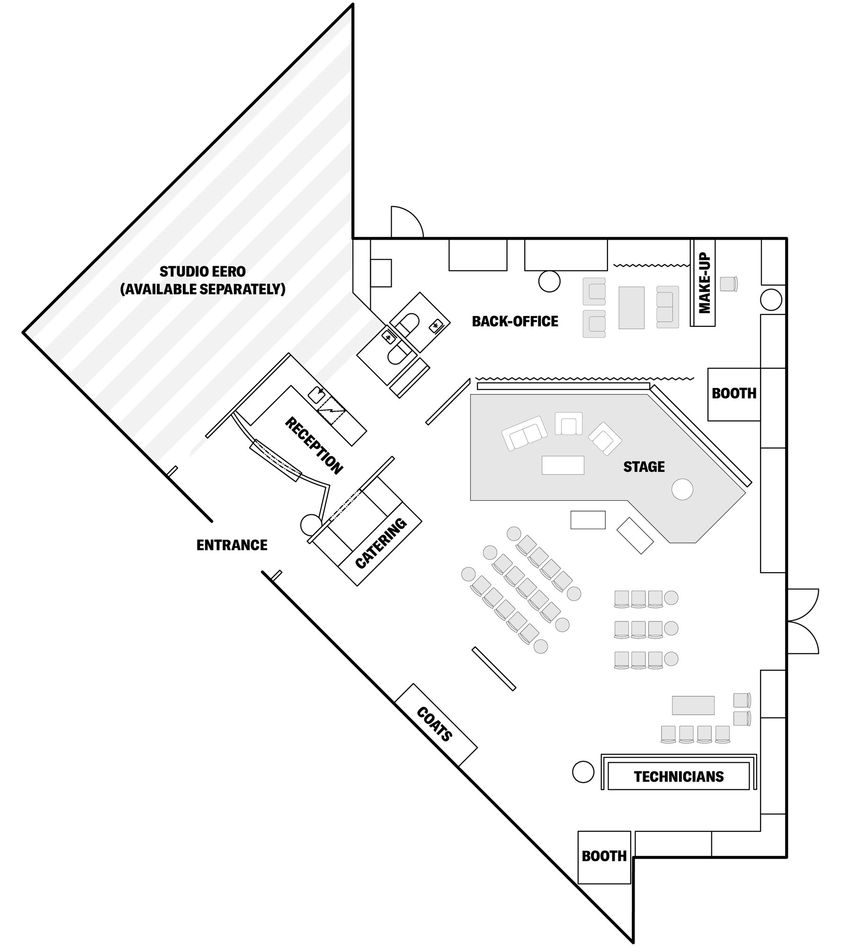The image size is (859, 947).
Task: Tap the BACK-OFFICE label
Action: pos(515,322)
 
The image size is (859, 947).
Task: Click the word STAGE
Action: pos(644,467)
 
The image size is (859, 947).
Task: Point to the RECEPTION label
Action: pos(313,446)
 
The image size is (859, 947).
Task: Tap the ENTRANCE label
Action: pos(232,545)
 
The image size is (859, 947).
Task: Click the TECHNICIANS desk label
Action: pos(678,777)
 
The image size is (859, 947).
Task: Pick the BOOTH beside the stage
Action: pos(734,394)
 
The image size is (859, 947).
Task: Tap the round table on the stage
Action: pos(682,489)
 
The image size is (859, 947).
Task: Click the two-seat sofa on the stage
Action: pos(524,433)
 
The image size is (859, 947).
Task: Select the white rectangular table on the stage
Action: pos(563,465)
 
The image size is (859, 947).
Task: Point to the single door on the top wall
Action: pos(406,222)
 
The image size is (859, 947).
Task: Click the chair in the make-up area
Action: pos(728,284)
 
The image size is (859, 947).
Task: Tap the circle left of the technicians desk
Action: pos(583,772)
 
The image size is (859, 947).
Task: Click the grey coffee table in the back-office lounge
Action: pos(631,307)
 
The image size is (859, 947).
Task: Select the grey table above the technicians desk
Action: pos(693,705)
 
